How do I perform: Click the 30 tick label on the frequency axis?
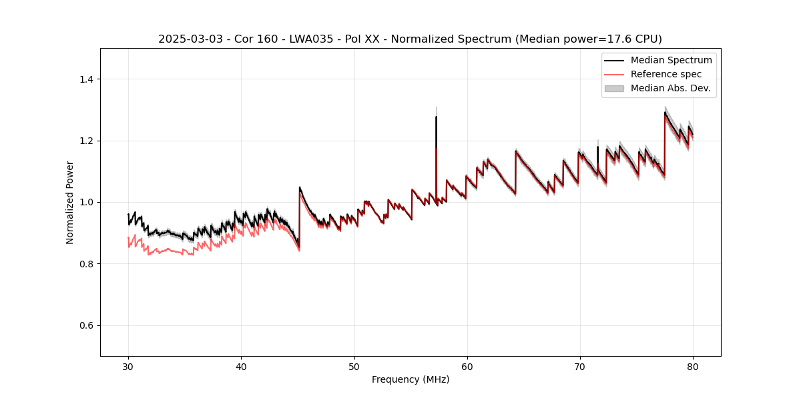click(128, 366)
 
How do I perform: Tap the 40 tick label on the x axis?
click(241, 366)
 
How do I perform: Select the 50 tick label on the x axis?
click(354, 366)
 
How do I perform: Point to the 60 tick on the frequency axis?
click(467, 366)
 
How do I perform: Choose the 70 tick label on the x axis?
click(579, 366)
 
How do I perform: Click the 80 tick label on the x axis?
click(692, 366)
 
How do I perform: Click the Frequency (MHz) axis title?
click(411, 379)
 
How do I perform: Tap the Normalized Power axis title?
click(70, 202)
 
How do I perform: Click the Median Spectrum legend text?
click(671, 60)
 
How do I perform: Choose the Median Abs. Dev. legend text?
click(670, 88)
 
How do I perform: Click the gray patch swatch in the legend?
click(613, 88)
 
